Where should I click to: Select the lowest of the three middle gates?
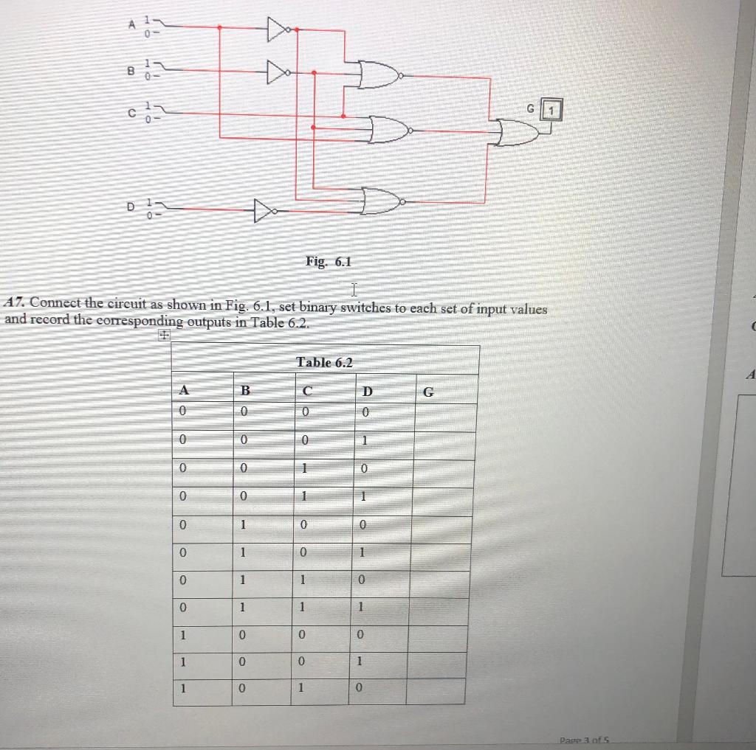[x=382, y=201]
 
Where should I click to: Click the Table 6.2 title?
[x=324, y=362]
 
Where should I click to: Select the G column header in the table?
[x=427, y=391]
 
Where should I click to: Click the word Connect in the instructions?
[x=56, y=302]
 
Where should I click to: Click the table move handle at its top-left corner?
[x=163, y=336]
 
